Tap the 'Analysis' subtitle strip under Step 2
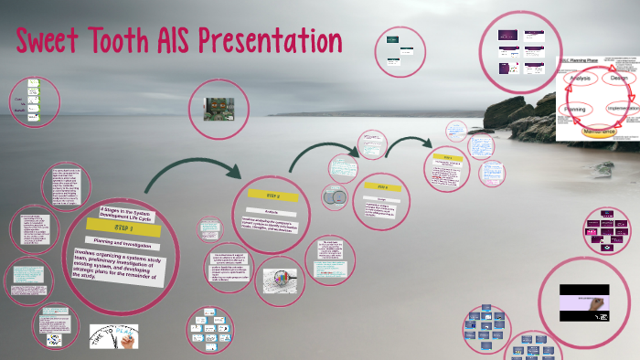[272, 207]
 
